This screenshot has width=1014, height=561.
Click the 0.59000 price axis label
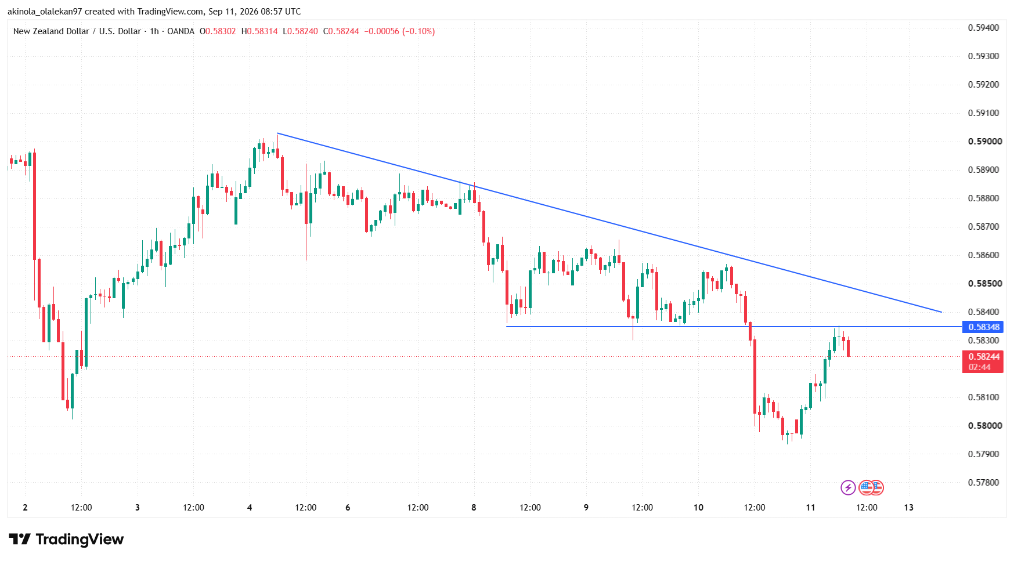985,142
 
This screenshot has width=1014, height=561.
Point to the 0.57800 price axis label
984,483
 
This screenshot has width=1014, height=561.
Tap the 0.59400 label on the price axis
984,28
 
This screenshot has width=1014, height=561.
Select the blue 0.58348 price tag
983,327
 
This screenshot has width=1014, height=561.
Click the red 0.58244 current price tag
983,361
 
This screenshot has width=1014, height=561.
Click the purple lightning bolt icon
848,487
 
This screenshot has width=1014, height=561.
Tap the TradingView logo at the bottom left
66,540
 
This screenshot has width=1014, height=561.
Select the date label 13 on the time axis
909,508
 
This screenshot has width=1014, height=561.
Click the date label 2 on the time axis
25,508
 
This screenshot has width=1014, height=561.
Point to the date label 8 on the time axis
474,508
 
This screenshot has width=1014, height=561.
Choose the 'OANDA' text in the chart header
181,31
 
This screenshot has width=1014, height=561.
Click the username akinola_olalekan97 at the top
45,12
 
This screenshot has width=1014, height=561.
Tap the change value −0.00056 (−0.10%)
399,31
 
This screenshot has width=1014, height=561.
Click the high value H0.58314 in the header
259,31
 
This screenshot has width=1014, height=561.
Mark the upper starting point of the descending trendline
277,133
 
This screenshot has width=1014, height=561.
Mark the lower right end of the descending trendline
941,312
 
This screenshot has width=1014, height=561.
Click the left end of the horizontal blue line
507,327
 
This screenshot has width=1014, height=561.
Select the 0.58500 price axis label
985,284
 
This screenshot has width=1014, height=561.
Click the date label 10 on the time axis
698,508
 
